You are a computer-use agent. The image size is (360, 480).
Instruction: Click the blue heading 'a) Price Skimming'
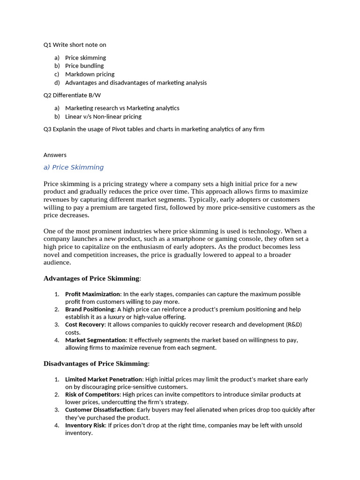pos(74,167)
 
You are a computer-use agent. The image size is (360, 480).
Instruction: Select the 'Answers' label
pos(55,155)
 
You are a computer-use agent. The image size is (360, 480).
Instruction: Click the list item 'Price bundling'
pos(84,66)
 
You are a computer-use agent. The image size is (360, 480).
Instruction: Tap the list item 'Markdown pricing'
pos(90,74)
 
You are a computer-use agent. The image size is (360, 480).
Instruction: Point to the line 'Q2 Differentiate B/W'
pos(72,95)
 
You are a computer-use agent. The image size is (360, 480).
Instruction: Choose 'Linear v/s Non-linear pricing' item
pos(103,116)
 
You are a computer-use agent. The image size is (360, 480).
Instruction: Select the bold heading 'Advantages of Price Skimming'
pos(91,278)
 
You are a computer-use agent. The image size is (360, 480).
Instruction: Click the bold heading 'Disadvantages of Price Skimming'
pos(96,363)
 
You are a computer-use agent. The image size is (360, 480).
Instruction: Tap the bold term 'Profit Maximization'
pos(92,294)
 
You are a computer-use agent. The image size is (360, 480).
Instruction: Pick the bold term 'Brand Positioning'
pos(90,309)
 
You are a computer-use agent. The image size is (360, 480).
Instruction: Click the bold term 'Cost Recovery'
pos(84,324)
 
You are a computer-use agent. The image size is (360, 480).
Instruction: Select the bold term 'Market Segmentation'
pos(95,340)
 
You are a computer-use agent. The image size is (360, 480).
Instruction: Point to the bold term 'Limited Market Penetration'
pos(104,379)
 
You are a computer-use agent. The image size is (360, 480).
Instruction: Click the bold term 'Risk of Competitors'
pos(92,395)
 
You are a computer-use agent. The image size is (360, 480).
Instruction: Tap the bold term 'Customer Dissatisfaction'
pos(99,410)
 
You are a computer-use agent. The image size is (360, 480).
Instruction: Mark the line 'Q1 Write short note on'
pos(75,45)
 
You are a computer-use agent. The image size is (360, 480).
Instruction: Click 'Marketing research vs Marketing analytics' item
pos(122,108)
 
